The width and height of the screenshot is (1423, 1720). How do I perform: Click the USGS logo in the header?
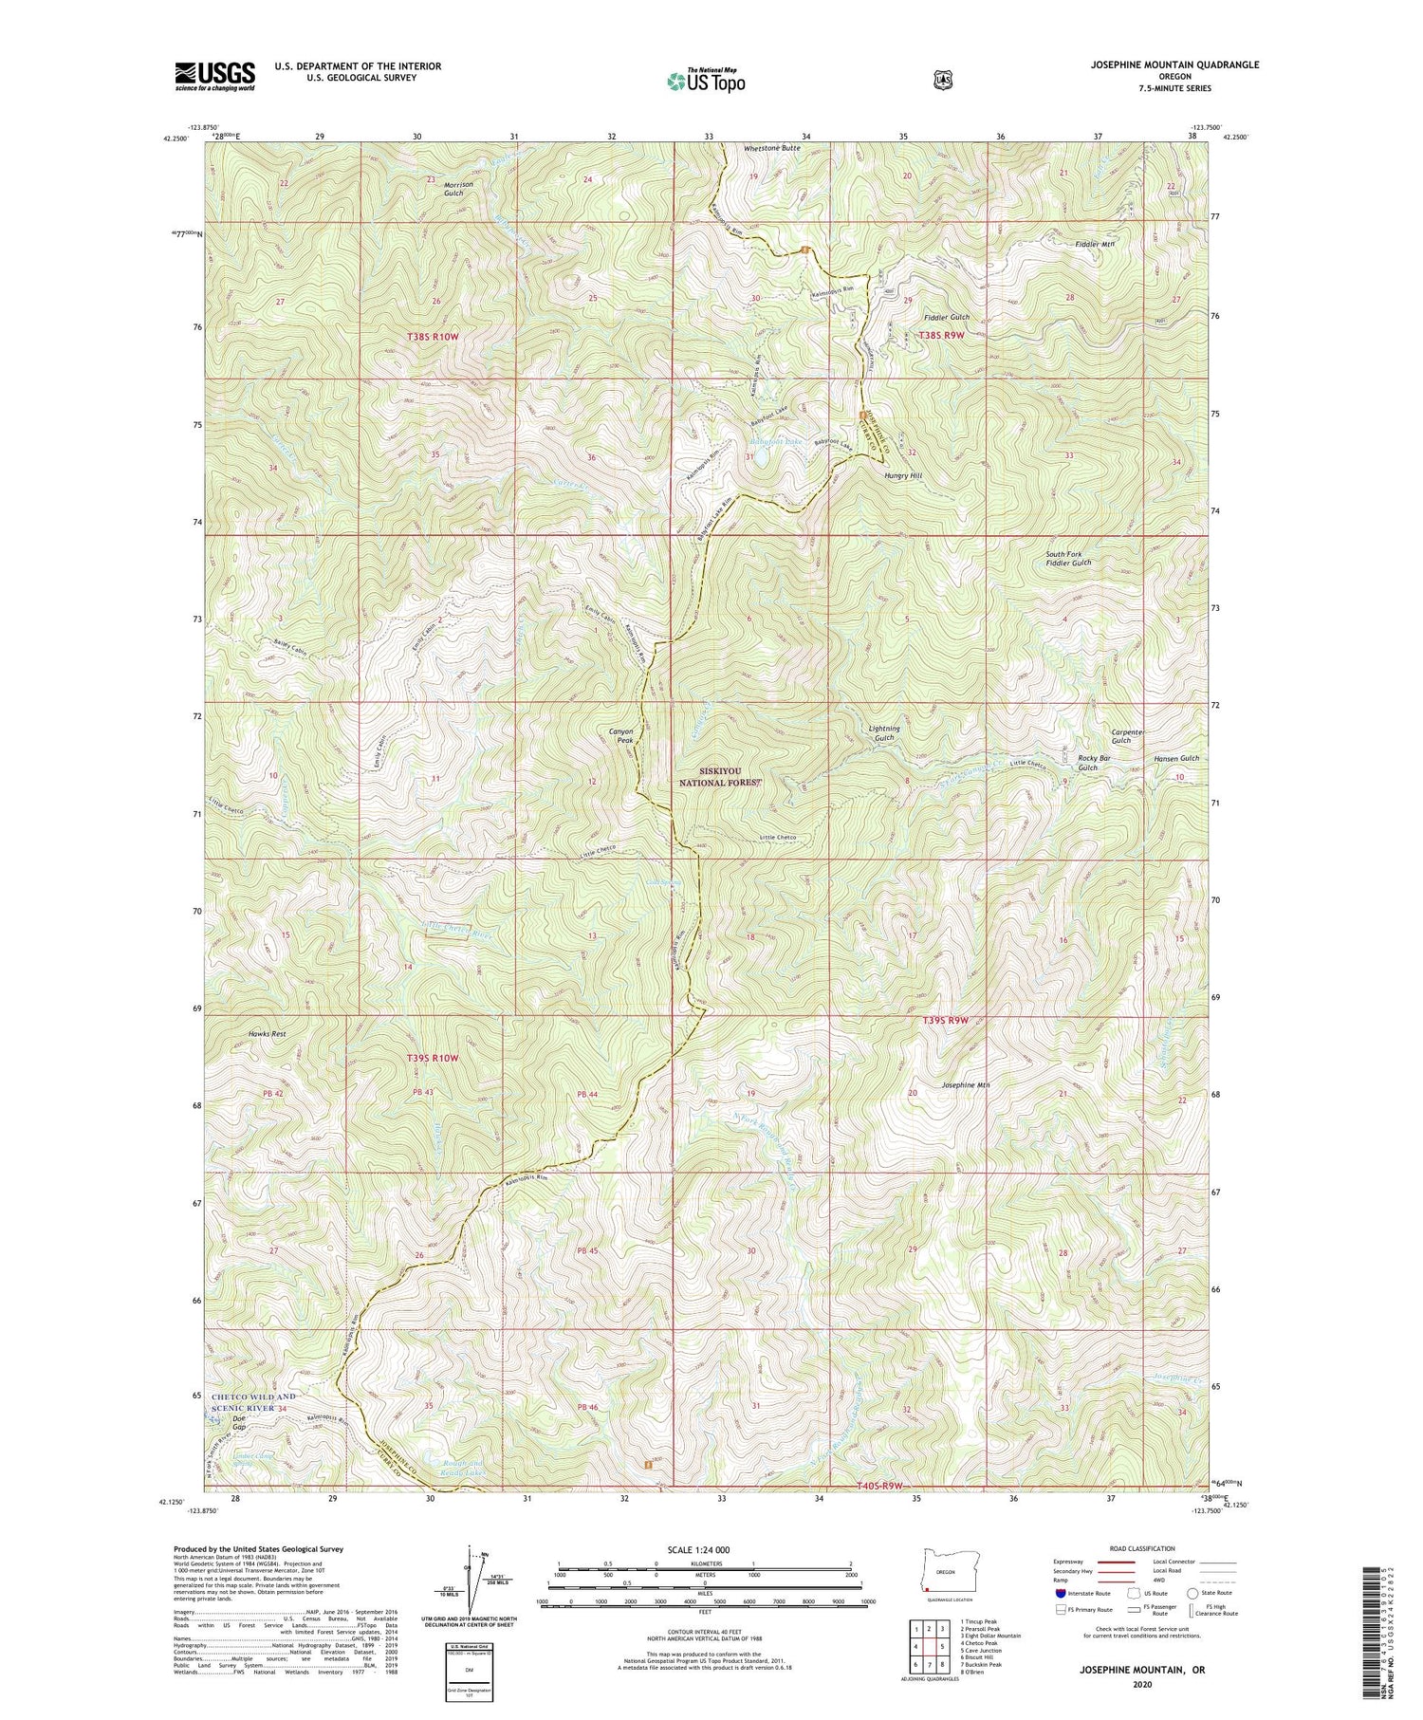[x=214, y=76]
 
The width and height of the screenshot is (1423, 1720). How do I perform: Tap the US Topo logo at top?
[x=706, y=81]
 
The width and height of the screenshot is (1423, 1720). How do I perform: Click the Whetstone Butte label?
[x=772, y=149]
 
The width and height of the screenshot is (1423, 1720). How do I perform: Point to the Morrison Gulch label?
[x=453, y=186]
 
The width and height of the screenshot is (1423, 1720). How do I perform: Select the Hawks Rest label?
[x=267, y=1033]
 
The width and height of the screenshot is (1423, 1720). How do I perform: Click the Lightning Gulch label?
[x=883, y=732]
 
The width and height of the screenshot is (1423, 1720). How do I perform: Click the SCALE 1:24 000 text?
[x=704, y=1549]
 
